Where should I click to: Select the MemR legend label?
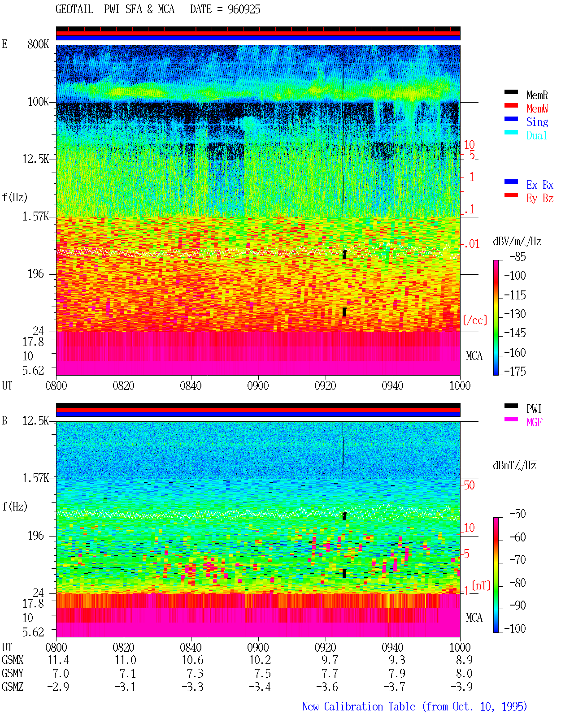[537, 95]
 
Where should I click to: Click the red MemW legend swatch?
[511, 105]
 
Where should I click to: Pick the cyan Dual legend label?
[536, 135]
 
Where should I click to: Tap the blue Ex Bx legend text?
[539, 185]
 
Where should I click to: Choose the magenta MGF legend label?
[534, 422]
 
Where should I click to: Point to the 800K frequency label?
[38, 44]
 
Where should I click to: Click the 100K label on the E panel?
[38, 102]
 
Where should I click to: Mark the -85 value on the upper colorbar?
[517, 256]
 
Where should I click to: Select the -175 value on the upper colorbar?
[515, 371]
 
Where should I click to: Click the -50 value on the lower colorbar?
[517, 514]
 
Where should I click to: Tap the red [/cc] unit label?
[475, 320]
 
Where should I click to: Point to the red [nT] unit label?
[481, 585]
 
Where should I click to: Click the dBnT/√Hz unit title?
[514, 465]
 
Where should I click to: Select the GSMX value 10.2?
[260, 660]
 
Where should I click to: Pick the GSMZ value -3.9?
[462, 687]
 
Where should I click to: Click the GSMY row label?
[13, 673]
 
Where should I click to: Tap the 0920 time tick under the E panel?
[326, 385]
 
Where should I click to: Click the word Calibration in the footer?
[370, 706]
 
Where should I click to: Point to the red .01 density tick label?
[471, 244]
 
